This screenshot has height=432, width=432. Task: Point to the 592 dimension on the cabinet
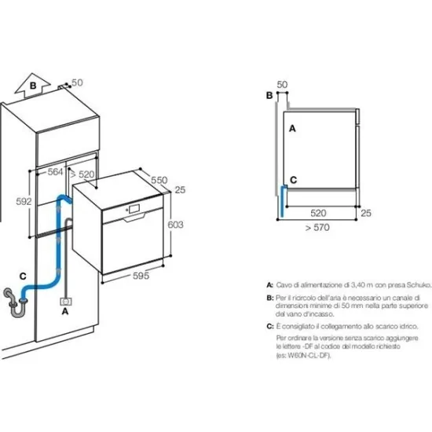click(x=25, y=202)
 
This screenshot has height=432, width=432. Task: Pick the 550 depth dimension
click(x=159, y=180)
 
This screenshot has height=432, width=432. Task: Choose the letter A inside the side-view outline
click(x=293, y=126)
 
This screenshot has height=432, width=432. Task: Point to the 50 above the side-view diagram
click(x=282, y=83)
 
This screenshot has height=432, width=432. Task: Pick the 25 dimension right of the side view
click(x=365, y=212)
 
